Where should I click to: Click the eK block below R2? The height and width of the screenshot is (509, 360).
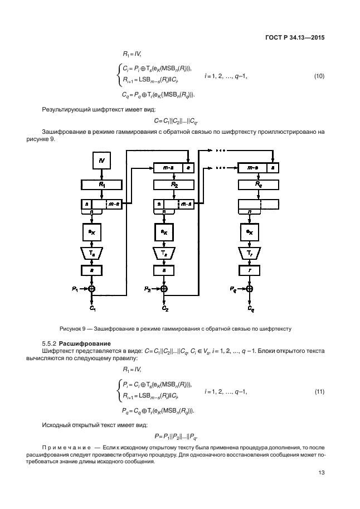164,231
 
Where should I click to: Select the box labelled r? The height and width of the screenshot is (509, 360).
249,271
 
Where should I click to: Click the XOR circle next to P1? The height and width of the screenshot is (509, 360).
93,289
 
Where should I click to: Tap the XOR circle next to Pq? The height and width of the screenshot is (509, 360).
249,289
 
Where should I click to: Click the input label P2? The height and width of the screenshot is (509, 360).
147,289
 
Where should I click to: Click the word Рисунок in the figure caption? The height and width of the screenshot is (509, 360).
71,328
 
